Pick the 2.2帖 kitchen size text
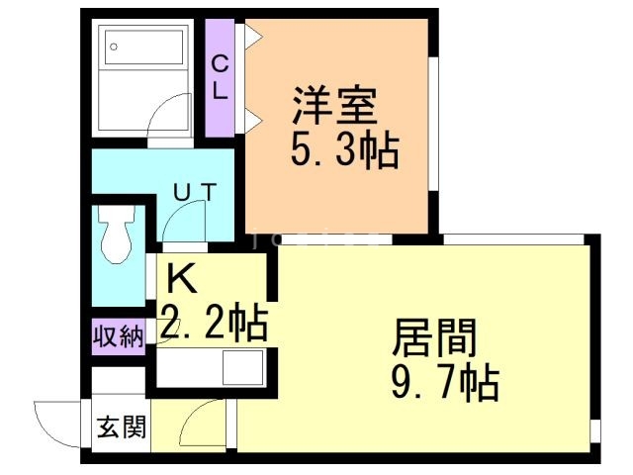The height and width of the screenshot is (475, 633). tap(213, 322)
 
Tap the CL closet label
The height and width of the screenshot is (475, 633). tap(220, 77)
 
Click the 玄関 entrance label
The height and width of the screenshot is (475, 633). tap(121, 428)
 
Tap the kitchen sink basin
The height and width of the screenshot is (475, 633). tap(241, 367)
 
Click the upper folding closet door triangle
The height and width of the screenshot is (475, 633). tap(253, 37)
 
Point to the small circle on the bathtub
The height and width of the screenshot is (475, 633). tap(115, 47)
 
